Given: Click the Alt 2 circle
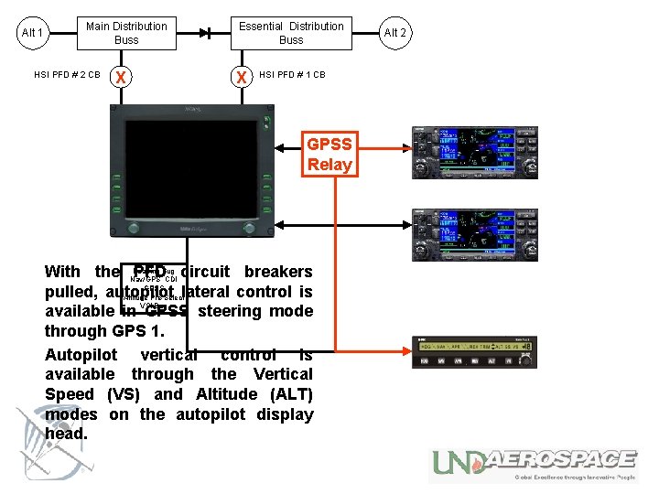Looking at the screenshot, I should [x=394, y=33].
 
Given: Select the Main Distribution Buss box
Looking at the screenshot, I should [x=126, y=33].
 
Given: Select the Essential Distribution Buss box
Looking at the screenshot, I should [x=291, y=33].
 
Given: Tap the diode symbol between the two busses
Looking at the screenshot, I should [x=208, y=33].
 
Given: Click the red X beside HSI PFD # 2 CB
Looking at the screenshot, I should [x=118, y=76].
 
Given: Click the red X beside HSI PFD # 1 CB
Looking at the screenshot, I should [x=242, y=76].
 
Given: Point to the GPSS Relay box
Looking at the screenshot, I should [x=329, y=155].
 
